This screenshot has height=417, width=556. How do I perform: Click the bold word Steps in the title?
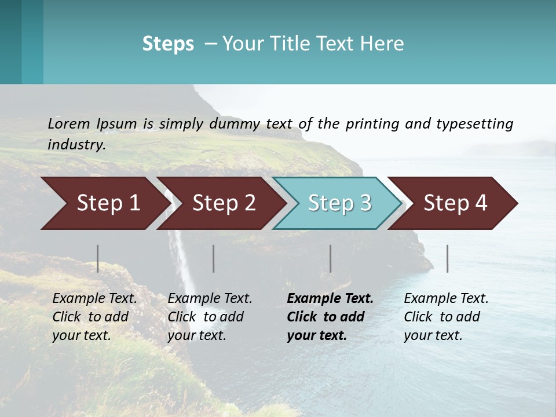[168, 43]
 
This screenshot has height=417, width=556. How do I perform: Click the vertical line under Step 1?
[98, 258]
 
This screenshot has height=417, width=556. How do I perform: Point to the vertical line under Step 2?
[214, 258]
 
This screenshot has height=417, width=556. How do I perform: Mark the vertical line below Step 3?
[331, 258]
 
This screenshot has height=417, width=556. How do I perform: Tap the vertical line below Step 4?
[447, 258]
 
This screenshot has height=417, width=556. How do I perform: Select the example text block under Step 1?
[94, 317]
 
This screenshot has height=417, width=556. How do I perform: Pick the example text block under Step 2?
[210, 317]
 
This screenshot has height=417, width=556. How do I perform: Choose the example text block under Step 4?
[446, 317]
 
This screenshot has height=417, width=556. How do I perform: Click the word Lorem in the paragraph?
[69, 123]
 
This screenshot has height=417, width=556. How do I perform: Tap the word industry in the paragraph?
[76, 145]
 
